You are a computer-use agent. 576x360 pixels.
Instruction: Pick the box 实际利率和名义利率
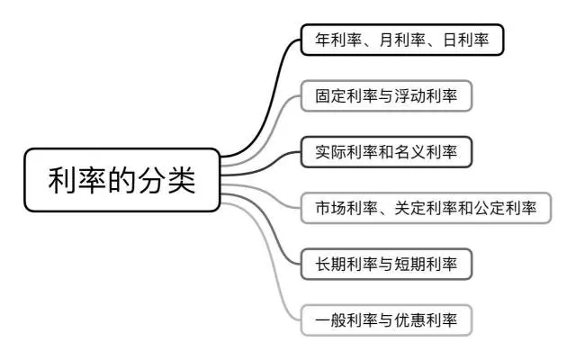click(x=386, y=152)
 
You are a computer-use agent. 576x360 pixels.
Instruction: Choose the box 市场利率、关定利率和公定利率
click(x=426, y=209)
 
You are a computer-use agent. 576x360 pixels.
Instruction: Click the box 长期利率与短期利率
click(x=386, y=265)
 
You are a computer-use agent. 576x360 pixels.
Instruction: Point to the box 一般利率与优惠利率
click(x=386, y=320)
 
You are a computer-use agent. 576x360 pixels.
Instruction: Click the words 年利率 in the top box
click(x=336, y=40)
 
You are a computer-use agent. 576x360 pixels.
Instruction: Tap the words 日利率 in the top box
click(x=465, y=40)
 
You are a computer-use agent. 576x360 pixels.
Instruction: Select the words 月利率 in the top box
click(x=400, y=40)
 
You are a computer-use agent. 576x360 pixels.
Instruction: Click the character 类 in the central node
click(x=178, y=179)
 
